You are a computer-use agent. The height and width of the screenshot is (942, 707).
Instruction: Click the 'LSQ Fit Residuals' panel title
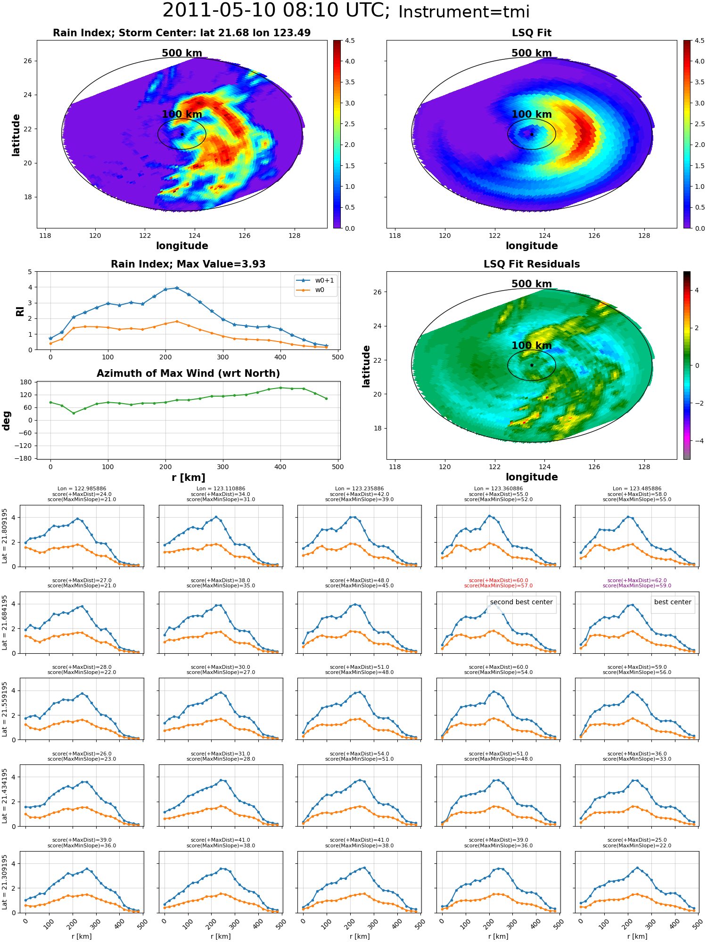click(x=532, y=264)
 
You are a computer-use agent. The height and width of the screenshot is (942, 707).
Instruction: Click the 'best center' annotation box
click(x=673, y=602)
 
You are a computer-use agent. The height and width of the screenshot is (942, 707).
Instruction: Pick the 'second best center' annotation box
click(x=521, y=602)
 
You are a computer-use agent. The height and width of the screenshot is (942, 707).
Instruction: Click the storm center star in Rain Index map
click(x=182, y=134)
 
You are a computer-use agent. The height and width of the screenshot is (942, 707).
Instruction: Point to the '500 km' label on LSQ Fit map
click(x=532, y=53)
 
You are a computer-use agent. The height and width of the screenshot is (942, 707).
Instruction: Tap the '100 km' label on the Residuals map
click(x=532, y=346)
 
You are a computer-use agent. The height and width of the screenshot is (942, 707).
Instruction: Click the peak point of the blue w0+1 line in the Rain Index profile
click(x=177, y=288)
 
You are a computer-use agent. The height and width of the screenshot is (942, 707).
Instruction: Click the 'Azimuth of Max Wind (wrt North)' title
click(x=188, y=374)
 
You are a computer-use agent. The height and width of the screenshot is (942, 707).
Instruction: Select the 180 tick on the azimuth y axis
click(x=26, y=382)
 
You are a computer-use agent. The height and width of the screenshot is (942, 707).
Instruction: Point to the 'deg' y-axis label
click(x=7, y=420)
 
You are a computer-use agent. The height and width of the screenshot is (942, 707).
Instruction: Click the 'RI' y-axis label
click(x=20, y=311)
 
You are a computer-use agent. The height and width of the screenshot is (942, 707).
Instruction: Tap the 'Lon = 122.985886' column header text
click(x=82, y=489)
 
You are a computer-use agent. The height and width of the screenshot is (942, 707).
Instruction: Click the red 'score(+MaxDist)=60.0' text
click(x=498, y=581)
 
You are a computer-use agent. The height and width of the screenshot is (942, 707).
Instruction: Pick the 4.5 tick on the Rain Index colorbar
click(x=349, y=41)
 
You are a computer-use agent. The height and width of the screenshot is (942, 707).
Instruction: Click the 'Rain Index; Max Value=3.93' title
click(x=188, y=264)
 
